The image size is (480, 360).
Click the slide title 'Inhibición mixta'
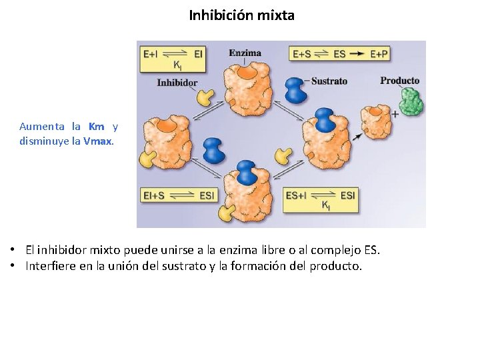point(241,15)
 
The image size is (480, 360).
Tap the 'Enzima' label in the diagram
point(245,53)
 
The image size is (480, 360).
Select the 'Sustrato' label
point(329,81)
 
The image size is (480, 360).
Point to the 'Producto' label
point(399,81)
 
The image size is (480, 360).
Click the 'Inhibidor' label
point(177,83)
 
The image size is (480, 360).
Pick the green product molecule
point(411,102)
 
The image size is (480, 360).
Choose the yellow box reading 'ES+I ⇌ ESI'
point(321,199)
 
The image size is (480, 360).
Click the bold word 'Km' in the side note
point(97,126)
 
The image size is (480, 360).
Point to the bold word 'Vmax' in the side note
point(98,141)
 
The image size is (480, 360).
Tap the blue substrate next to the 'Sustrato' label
point(295,89)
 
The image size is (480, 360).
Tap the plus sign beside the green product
point(395,114)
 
